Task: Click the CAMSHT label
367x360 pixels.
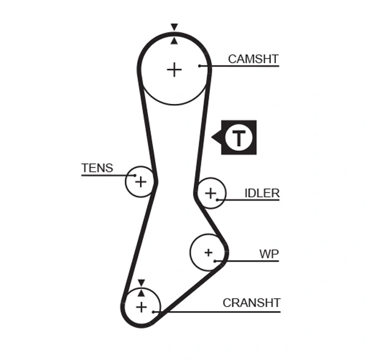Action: click(253, 59)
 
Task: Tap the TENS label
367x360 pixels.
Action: click(97, 168)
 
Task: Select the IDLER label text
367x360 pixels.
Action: click(262, 193)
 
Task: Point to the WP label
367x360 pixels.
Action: click(269, 253)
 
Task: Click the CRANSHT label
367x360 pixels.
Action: click(251, 303)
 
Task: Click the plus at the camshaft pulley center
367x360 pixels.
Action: click(174, 69)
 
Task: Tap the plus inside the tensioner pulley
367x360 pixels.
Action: click(141, 182)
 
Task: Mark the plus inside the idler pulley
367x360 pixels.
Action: click(210, 193)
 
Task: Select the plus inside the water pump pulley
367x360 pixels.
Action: click(208, 252)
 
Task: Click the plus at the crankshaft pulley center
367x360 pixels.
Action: click(141, 306)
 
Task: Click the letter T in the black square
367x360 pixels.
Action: click(239, 138)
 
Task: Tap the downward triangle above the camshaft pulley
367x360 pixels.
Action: click(174, 27)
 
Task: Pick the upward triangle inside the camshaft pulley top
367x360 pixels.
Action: click(174, 41)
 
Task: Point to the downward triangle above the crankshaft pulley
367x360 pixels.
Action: click(141, 282)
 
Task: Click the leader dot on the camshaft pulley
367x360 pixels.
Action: click(200, 65)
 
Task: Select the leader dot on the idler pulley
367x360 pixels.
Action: click(217, 199)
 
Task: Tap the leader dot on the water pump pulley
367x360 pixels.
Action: click(215, 260)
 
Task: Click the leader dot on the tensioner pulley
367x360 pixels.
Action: click(135, 175)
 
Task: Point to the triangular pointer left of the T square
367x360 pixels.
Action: click(216, 138)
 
